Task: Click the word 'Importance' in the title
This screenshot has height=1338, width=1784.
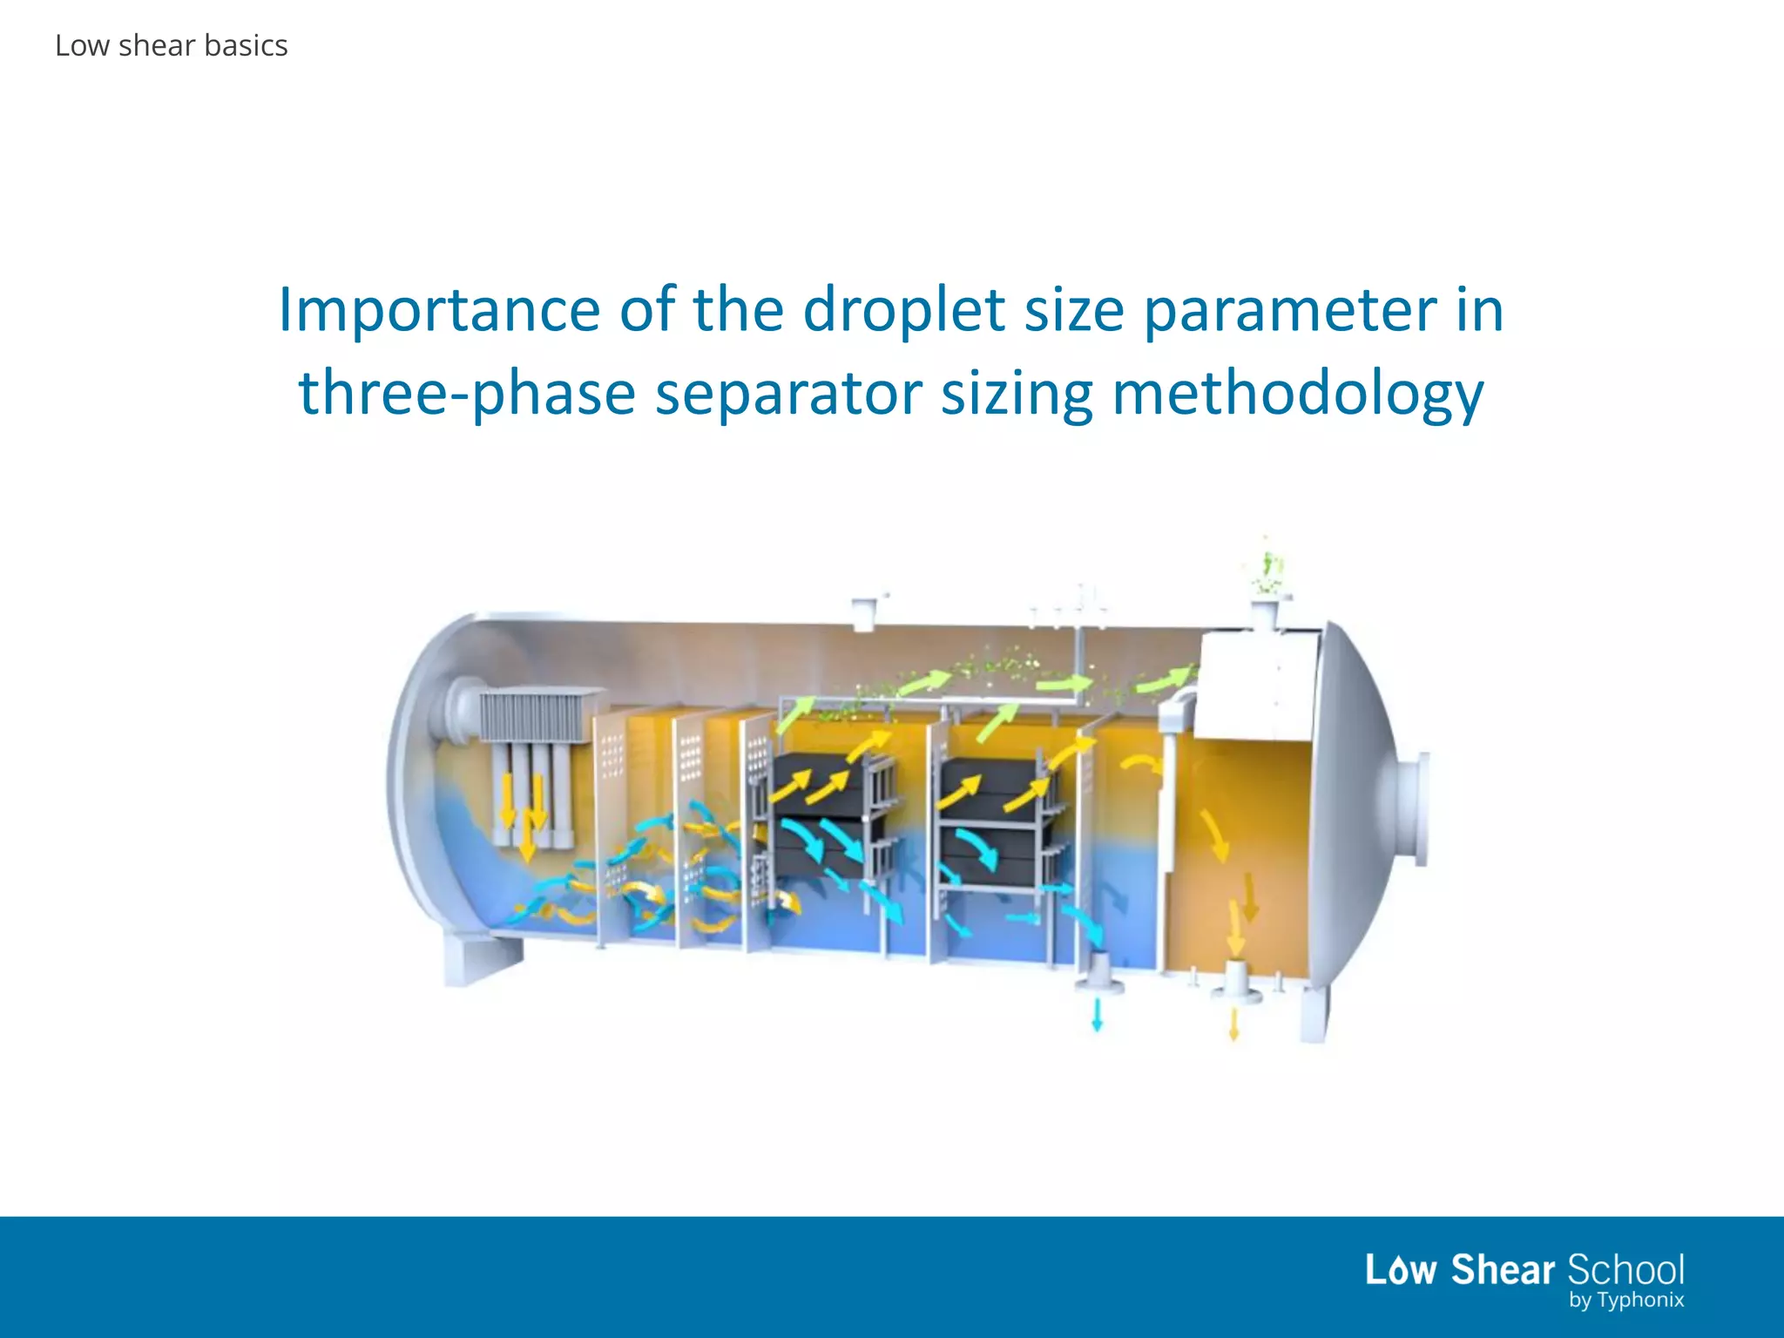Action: pos(438,311)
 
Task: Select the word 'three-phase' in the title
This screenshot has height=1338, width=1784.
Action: pos(466,394)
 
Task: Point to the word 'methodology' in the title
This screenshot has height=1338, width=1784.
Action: pos(1298,394)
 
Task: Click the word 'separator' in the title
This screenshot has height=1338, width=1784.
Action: pos(787,394)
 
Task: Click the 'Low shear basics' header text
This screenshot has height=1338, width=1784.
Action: pos(171,45)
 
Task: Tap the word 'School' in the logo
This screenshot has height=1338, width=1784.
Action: pos(1625,1270)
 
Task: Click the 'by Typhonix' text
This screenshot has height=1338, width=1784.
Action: pos(1625,1301)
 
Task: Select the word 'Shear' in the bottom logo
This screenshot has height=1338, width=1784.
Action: pos(1503,1270)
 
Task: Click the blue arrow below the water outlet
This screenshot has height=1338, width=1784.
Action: pos(1098,1015)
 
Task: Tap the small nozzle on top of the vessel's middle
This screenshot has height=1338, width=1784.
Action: pos(863,612)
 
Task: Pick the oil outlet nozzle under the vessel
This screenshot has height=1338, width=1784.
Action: pos(1235,983)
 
